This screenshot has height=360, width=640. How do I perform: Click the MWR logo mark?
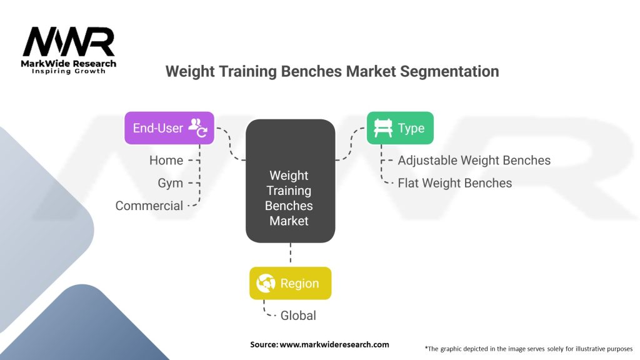click(x=69, y=42)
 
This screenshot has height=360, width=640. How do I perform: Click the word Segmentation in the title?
click(x=449, y=71)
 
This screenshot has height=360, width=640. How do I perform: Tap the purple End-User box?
click(x=169, y=127)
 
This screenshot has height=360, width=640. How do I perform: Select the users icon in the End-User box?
click(x=198, y=127)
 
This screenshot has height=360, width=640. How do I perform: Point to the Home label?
click(x=166, y=161)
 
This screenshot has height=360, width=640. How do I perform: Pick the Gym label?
click(x=170, y=183)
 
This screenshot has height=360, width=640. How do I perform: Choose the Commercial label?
click(x=149, y=206)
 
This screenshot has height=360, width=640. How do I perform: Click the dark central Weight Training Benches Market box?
click(x=290, y=181)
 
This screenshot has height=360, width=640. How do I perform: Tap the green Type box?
click(x=400, y=127)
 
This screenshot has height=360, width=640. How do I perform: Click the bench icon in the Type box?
click(x=383, y=127)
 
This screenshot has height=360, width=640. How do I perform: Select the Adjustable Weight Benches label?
click(x=474, y=161)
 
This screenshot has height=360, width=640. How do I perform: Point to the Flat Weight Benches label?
click(x=455, y=183)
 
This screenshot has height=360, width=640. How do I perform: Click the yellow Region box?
click(x=290, y=283)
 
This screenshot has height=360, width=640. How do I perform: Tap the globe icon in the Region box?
click(x=266, y=283)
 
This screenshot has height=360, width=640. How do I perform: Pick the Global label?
click(x=298, y=316)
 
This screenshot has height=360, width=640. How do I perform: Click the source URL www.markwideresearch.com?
click(x=334, y=344)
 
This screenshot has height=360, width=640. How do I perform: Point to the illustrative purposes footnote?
click(x=529, y=349)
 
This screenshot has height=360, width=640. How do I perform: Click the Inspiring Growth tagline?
click(x=69, y=71)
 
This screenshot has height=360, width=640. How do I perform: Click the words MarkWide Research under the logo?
click(x=69, y=64)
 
